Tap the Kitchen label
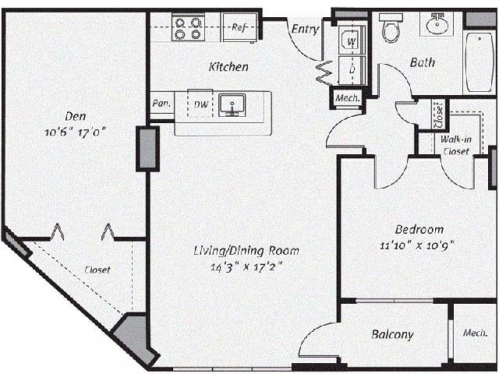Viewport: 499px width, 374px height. click(228, 67)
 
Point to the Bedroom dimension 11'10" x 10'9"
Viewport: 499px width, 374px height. click(419, 245)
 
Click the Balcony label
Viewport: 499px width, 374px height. click(392, 334)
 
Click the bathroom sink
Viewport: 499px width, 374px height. click(435, 26)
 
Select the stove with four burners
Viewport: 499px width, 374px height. click(188, 28)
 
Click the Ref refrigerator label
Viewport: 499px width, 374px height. click(239, 27)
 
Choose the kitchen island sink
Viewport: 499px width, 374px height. click(232, 105)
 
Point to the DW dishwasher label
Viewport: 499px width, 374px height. click(200, 104)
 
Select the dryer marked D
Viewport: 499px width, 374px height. click(352, 69)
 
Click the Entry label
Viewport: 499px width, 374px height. click(306, 30)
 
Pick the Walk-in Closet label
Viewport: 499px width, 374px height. click(455, 145)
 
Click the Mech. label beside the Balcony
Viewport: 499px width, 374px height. click(475, 332)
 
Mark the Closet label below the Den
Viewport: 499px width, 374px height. click(97, 270)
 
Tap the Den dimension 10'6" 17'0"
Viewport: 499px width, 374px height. click(75, 132)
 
